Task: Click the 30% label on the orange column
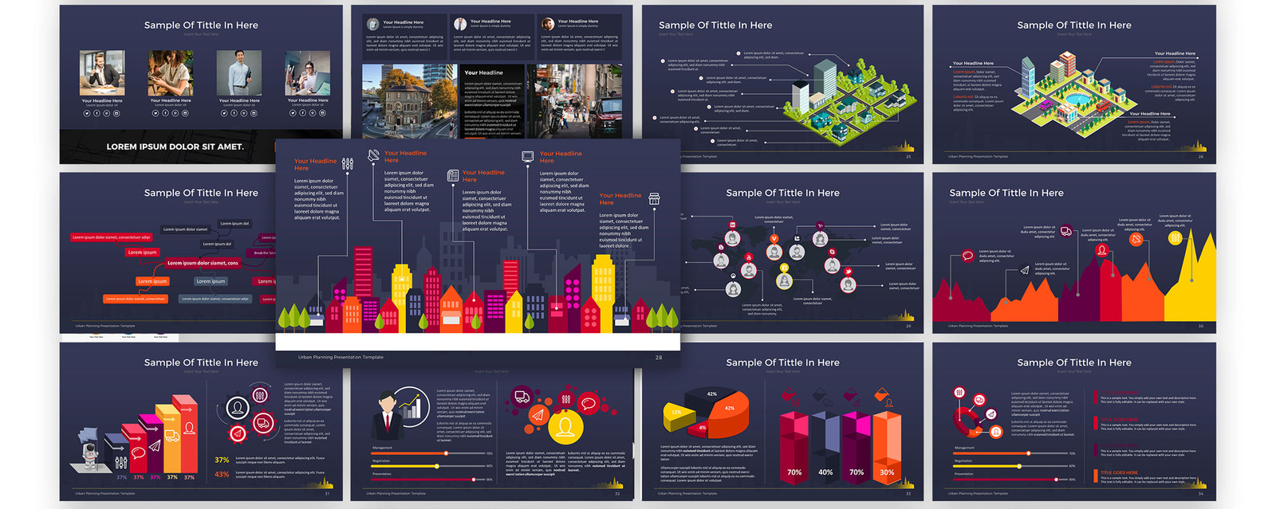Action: pyautogui.click(x=887, y=472)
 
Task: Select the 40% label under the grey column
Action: pyautogui.click(x=825, y=472)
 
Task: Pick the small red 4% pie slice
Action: pyautogui.click(x=702, y=428)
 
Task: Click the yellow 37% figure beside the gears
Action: pyautogui.click(x=222, y=460)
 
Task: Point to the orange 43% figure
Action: pyautogui.click(x=222, y=474)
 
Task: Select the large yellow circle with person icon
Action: pyautogui.click(x=565, y=428)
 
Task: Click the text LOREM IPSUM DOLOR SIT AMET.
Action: pyautogui.click(x=175, y=147)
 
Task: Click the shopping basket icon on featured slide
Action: pyautogui.click(x=654, y=199)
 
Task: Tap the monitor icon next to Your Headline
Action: pyautogui.click(x=527, y=157)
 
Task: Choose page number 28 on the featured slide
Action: pyautogui.click(x=659, y=358)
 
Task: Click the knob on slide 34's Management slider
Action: pyautogui.click(x=1028, y=453)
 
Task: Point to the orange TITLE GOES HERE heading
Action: pyautogui.click(x=1119, y=472)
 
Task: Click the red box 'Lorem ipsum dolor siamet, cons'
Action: pyautogui.click(x=203, y=263)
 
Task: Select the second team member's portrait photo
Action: pyautogui.click(x=170, y=73)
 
